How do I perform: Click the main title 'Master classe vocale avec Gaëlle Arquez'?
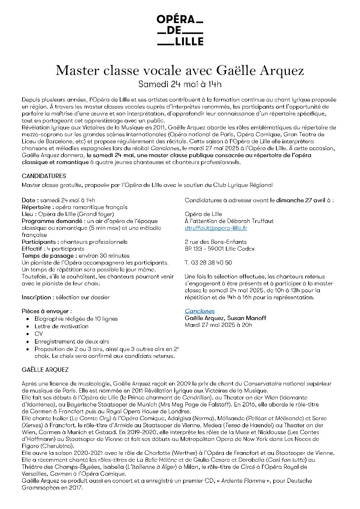tap(180, 70)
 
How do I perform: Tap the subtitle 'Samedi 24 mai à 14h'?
tap(180, 84)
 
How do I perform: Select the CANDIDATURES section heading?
tap(44, 176)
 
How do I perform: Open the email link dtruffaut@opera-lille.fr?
tap(216, 228)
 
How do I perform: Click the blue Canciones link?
tap(200, 311)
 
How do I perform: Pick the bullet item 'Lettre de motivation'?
tap(61, 326)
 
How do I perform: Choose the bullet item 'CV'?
tap(38, 334)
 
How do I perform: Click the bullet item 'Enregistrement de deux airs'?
tap(72, 341)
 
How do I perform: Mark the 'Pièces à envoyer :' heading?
tap(47, 311)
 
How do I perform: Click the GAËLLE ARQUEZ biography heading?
tap(45, 370)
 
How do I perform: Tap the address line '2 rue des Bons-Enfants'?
tap(216, 242)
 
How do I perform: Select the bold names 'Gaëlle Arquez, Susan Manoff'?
tap(225, 318)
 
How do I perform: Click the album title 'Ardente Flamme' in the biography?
tap(243, 481)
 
